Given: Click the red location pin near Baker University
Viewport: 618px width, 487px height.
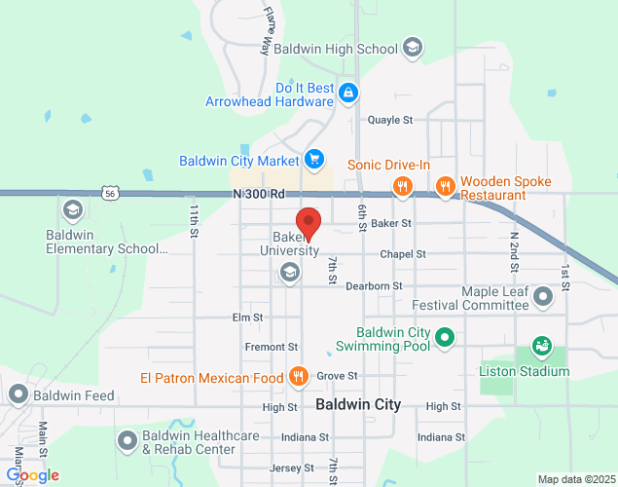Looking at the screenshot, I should pyautogui.click(x=309, y=223).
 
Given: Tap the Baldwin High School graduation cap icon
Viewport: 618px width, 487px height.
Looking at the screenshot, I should pyautogui.click(x=413, y=48).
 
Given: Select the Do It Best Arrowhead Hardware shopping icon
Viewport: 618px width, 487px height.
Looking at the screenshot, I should pyautogui.click(x=348, y=94).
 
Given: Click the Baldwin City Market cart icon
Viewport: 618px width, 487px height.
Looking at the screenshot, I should pyautogui.click(x=313, y=159).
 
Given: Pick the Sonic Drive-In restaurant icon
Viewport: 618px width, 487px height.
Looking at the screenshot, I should pyautogui.click(x=401, y=185).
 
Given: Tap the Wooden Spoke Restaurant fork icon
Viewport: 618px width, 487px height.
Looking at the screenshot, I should pyautogui.click(x=445, y=185).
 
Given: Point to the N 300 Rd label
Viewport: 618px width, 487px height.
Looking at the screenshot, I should pyautogui.click(x=259, y=194).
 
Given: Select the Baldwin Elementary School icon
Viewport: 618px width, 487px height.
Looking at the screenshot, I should pyautogui.click(x=73, y=210).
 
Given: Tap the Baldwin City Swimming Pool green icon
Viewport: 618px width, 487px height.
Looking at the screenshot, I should pyautogui.click(x=445, y=338).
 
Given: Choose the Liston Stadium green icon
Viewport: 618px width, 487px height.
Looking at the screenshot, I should pyautogui.click(x=540, y=347).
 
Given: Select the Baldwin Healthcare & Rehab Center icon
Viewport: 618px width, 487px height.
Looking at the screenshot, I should pyautogui.click(x=127, y=441).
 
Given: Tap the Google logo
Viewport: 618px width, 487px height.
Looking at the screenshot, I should pyautogui.click(x=32, y=474).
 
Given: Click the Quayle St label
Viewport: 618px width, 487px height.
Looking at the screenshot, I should pyautogui.click(x=390, y=120).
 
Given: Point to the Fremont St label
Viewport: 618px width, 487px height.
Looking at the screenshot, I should pyautogui.click(x=272, y=347).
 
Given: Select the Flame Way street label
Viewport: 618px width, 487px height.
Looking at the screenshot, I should pyautogui.click(x=270, y=30).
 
